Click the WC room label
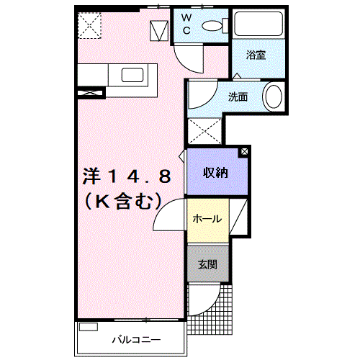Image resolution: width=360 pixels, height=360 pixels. tap(186, 24)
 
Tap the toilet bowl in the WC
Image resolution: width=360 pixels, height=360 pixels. tap(212, 26)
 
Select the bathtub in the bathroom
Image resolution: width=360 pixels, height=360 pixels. tap(258, 24)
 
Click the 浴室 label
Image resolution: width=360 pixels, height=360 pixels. tap(256, 55)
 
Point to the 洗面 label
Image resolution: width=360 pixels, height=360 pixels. tap(238, 96)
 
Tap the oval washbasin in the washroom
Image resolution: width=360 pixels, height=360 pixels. tap(274, 97)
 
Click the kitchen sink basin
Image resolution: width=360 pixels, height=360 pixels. tap(132, 75)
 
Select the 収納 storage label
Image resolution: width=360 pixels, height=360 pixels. tap(215, 172)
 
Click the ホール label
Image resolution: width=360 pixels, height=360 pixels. tap(207, 219)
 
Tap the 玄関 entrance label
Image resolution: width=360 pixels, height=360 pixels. tap(207, 264)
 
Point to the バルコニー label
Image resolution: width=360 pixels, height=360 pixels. tap(136, 340)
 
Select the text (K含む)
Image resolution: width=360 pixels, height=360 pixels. tap(123, 201)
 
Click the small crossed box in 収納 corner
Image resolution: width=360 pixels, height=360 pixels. tap(244, 152)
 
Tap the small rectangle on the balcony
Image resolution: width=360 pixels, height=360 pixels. tap(89, 327)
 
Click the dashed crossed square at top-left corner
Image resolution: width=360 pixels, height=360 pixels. tap(90, 25)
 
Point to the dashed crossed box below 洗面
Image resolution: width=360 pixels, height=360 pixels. tap(204, 131)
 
